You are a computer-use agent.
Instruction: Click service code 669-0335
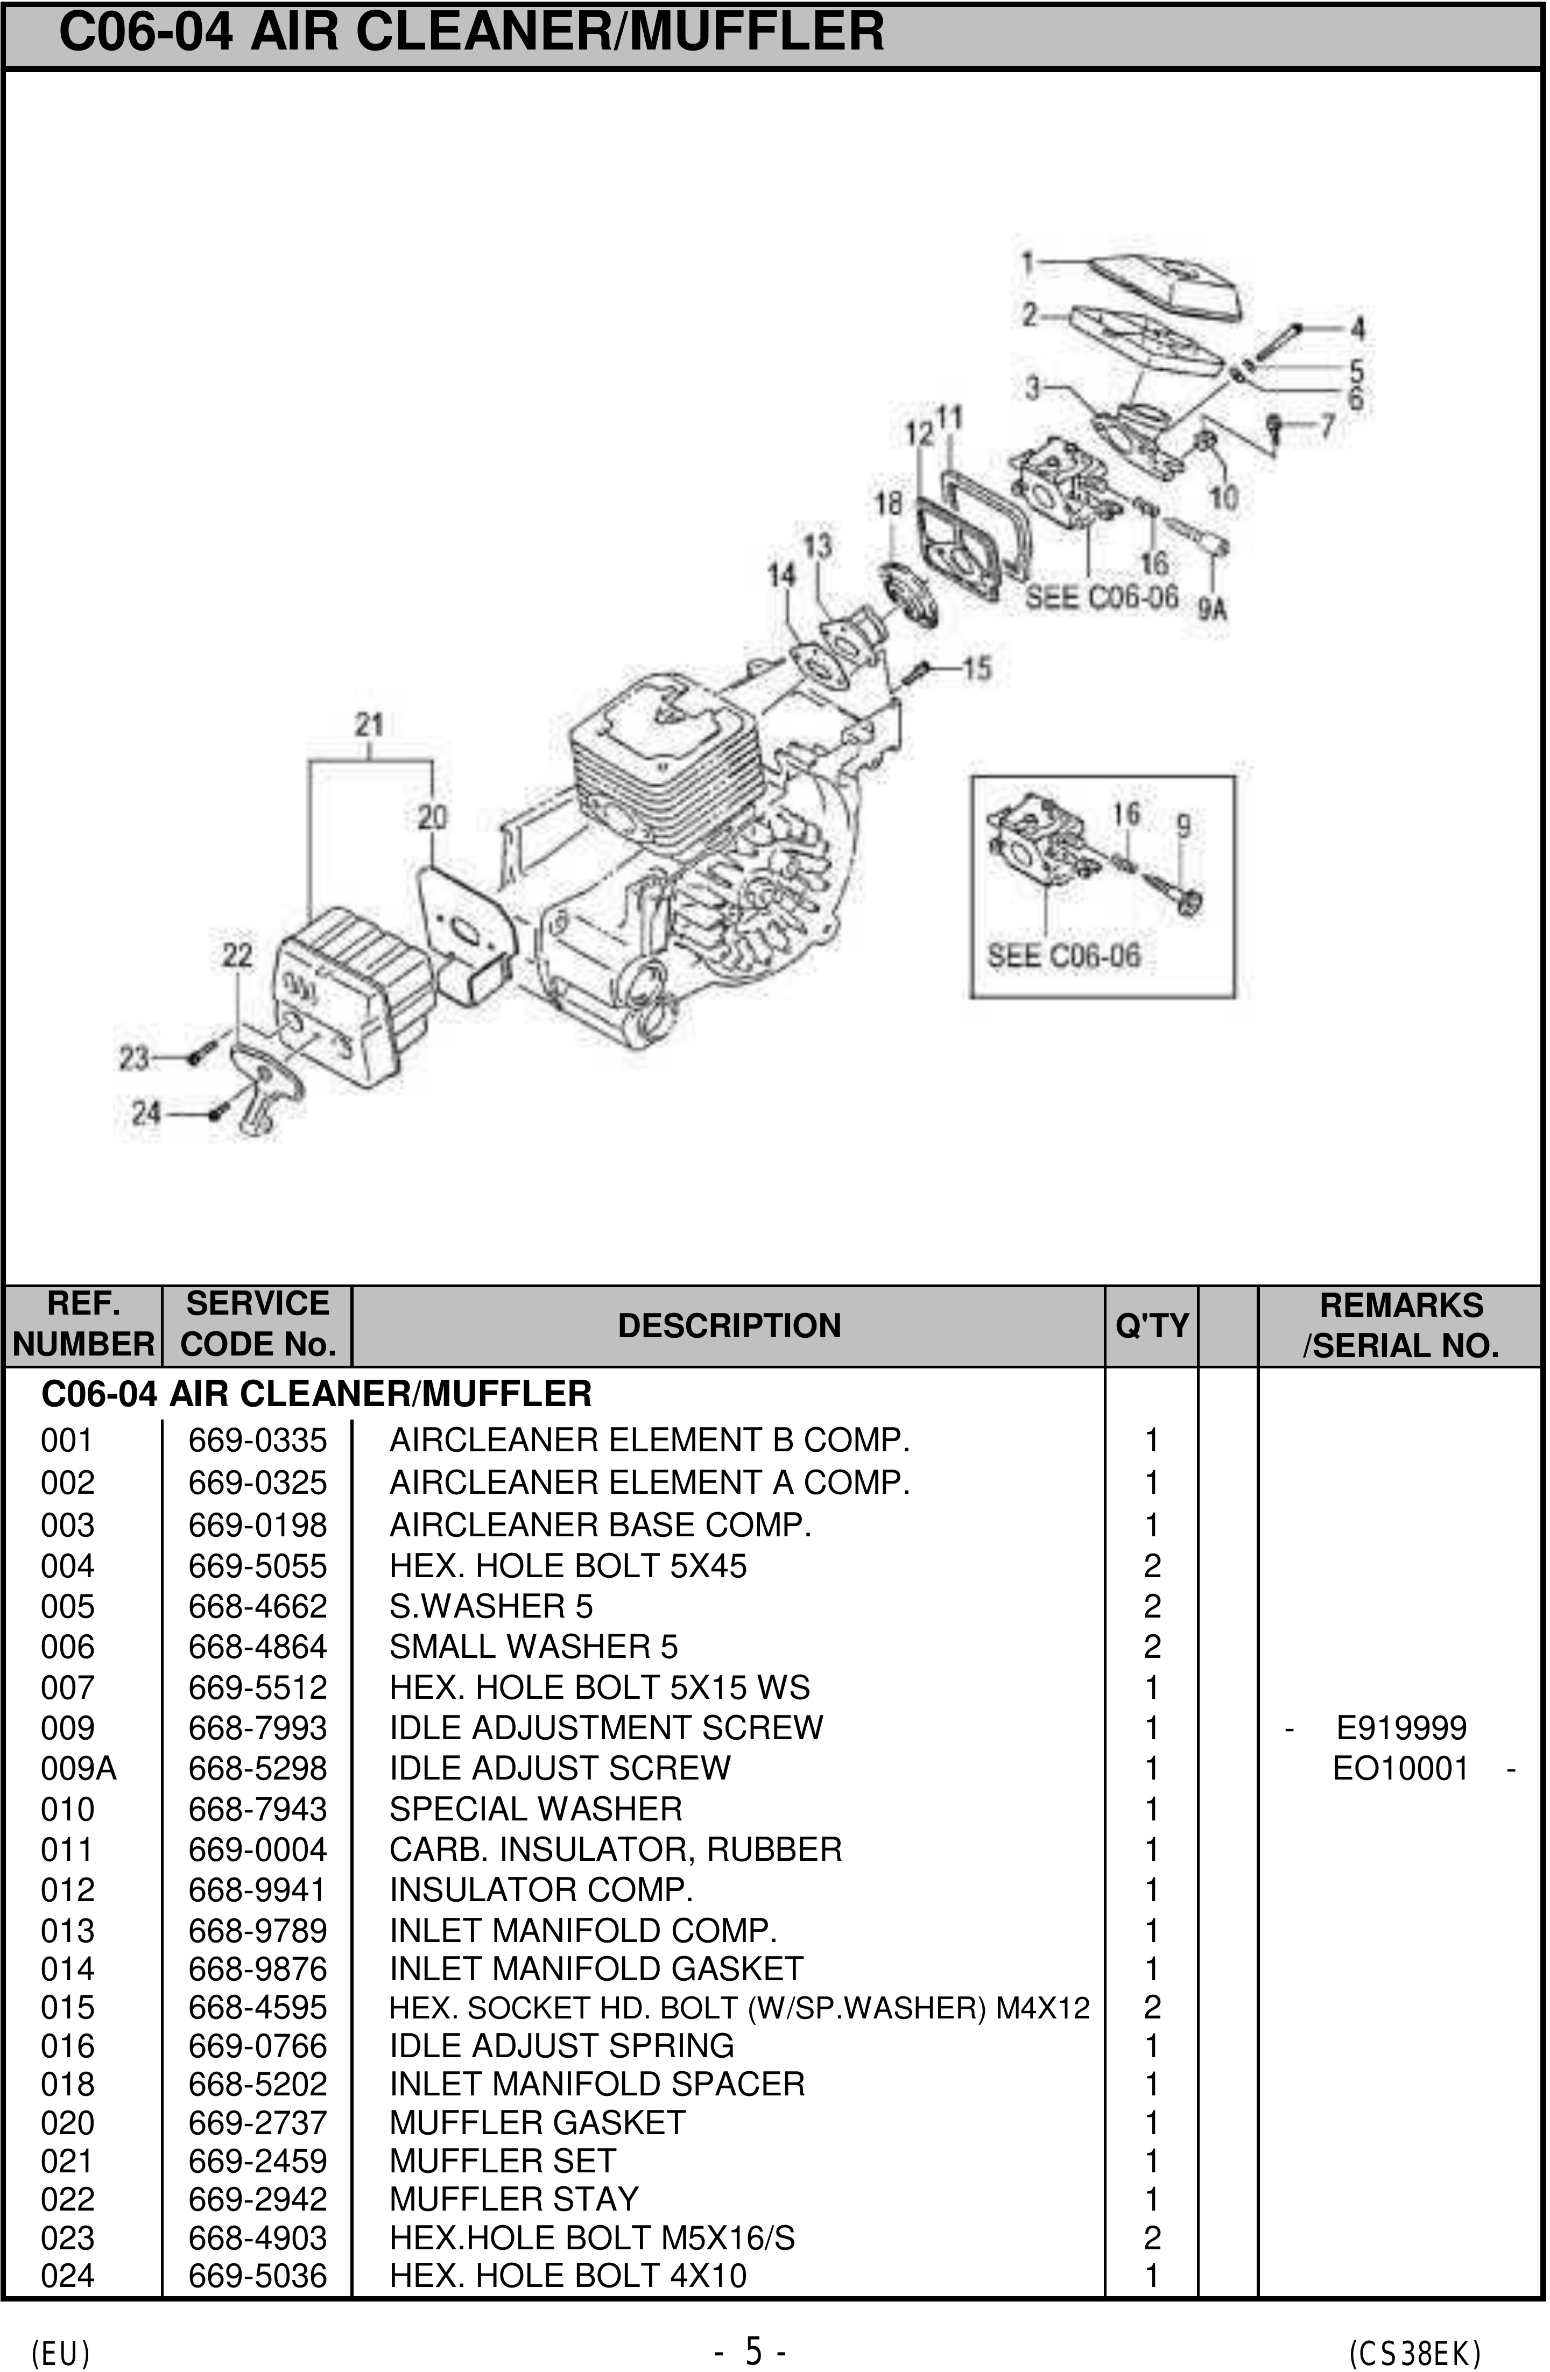click(x=257, y=1440)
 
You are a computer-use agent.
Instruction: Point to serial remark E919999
click(x=1400, y=1727)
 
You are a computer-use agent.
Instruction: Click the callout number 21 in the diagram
click(x=369, y=724)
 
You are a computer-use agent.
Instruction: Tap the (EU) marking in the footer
click(x=61, y=2353)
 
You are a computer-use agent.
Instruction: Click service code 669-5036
click(x=257, y=2275)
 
